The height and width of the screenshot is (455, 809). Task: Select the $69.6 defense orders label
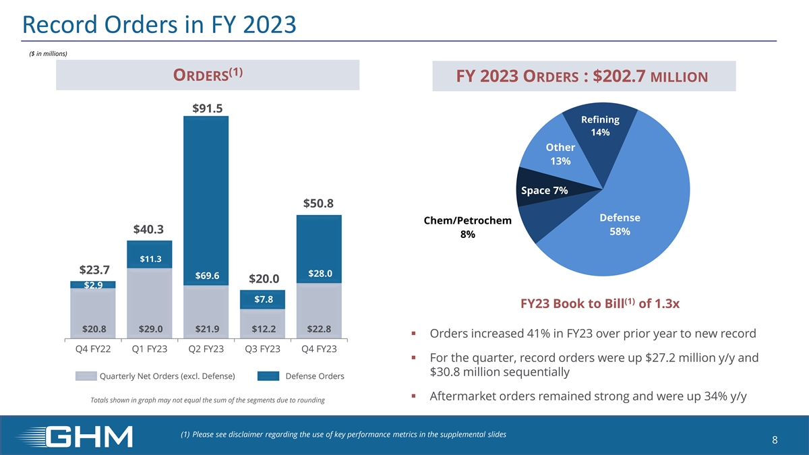point(206,276)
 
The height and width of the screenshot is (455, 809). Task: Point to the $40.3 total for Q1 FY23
point(149,229)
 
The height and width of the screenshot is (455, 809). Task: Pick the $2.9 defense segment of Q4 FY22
point(93,284)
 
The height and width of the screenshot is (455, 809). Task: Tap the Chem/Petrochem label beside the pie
point(467,221)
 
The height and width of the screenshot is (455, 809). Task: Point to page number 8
point(775,440)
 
